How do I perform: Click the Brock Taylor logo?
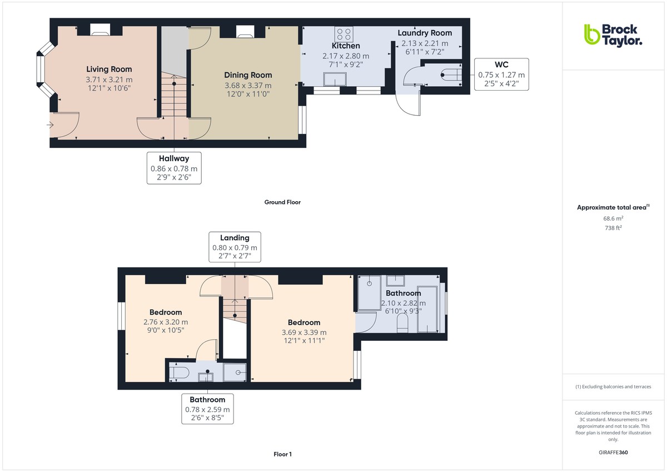[x=613, y=36]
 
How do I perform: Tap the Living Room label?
[x=109, y=69]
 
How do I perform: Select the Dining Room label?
[x=248, y=75]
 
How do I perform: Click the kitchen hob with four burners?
[x=344, y=34]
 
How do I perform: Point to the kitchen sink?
[x=335, y=80]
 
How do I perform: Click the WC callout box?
[x=501, y=74]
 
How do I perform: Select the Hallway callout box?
[x=174, y=168]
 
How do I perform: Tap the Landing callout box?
[x=235, y=247]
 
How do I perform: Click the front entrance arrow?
[x=49, y=125]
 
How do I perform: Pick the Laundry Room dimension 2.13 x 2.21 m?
[x=425, y=43]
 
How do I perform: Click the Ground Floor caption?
[x=282, y=202]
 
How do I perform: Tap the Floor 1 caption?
[x=282, y=454]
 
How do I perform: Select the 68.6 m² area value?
[x=613, y=218]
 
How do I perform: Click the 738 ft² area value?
[x=613, y=228]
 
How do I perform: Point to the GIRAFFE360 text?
[x=613, y=453]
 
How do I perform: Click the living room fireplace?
[x=100, y=30]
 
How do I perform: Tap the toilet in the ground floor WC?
[x=451, y=74]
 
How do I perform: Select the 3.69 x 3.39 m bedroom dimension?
[x=304, y=332]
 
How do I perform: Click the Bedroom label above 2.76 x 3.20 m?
[x=166, y=312]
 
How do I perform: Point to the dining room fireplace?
[x=245, y=32]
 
